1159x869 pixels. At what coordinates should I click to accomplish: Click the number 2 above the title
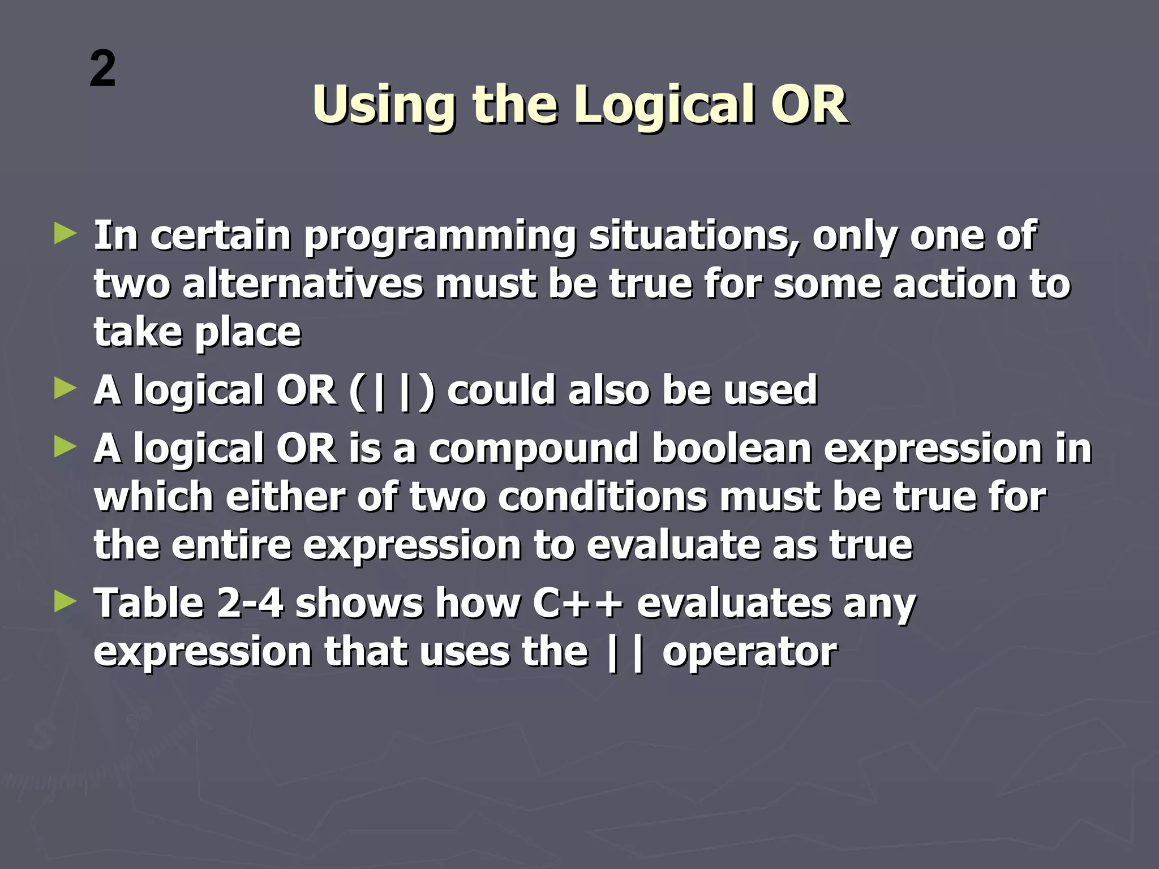coord(102,69)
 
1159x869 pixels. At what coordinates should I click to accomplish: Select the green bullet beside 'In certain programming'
coord(65,234)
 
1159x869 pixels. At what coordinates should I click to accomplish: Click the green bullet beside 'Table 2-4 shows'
coord(65,601)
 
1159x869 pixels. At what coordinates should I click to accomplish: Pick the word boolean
coord(732,449)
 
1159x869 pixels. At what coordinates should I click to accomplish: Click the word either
coord(285,497)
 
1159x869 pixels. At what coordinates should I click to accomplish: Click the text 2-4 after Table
coord(249,603)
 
